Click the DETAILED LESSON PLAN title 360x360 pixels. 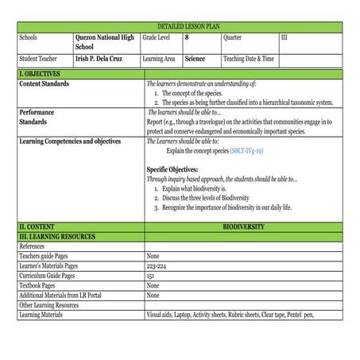[x=180, y=27]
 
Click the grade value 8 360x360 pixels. [x=188, y=37]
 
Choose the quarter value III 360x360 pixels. [x=285, y=37]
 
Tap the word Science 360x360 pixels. [x=195, y=59]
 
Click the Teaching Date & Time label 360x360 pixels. [x=249, y=59]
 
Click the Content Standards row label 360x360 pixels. [x=44, y=83]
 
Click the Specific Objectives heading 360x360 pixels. [x=172, y=169]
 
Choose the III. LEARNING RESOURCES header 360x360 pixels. [x=56, y=237]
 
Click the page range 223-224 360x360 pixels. [x=157, y=265]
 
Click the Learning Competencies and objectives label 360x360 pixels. [x=70, y=141]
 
